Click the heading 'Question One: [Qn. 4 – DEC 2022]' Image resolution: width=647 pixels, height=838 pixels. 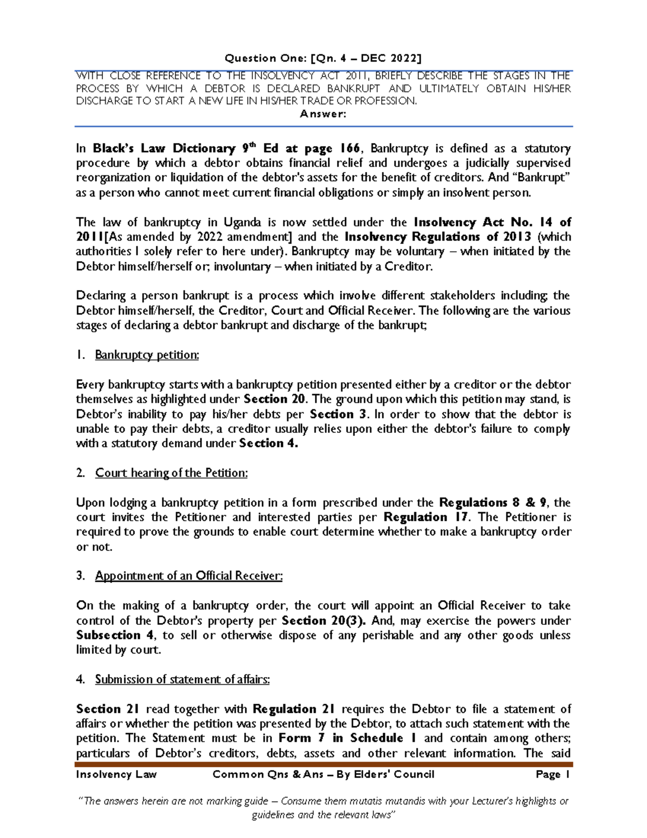323,58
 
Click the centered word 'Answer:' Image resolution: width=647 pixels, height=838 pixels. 323,114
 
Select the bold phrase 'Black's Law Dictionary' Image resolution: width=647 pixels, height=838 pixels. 164,148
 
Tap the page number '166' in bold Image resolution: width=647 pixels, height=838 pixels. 350,148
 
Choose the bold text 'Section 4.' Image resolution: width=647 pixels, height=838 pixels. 269,444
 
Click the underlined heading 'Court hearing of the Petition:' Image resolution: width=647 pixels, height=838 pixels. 171,473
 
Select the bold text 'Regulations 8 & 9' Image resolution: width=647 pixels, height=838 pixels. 493,503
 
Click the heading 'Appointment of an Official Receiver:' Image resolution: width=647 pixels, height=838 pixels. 189,576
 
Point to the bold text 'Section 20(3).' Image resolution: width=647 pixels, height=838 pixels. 323,621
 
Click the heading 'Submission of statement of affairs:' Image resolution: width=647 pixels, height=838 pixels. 182,680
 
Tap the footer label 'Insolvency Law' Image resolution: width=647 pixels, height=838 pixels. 116,775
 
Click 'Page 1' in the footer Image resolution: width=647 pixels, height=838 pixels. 553,775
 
